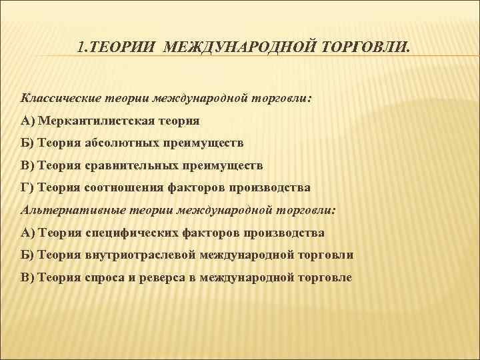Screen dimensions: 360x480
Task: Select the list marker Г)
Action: tap(28, 188)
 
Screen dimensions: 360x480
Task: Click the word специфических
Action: tap(129, 233)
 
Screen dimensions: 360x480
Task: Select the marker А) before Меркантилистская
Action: tap(29, 120)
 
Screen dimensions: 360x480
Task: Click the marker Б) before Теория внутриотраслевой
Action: tap(29, 255)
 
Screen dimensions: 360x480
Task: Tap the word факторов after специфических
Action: tap(200, 233)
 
